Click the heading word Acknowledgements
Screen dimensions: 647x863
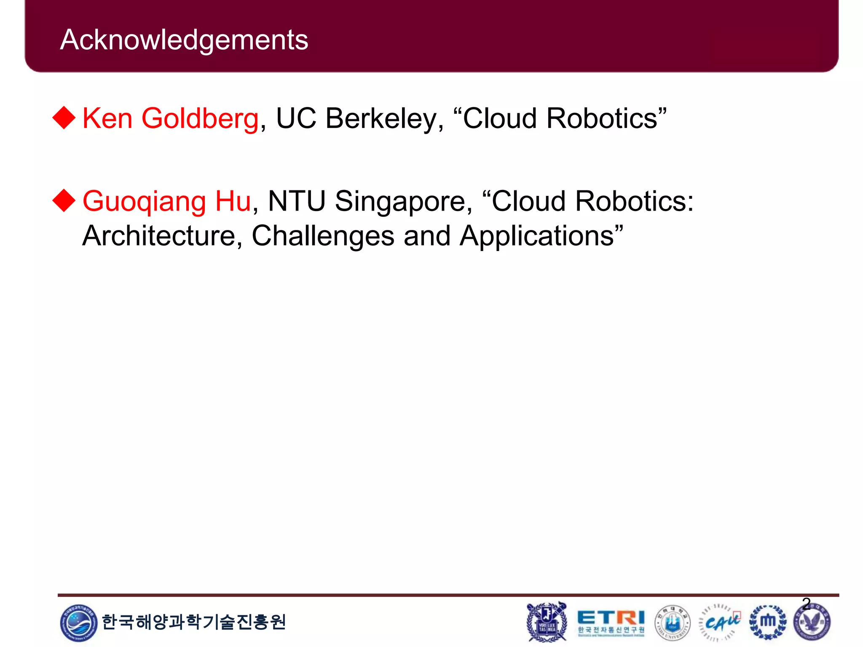tap(184, 40)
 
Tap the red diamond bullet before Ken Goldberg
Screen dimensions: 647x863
tap(64, 118)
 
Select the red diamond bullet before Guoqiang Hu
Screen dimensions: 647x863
tap(64, 201)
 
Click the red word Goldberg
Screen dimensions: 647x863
tap(200, 118)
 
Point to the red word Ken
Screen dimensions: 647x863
tap(107, 118)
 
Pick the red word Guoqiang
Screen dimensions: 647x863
tap(144, 202)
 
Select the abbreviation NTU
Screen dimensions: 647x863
tap(297, 201)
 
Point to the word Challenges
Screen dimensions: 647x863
tap(323, 236)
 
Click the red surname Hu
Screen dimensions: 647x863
tap(233, 201)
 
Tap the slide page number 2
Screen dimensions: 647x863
tap(806, 604)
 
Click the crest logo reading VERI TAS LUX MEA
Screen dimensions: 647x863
tap(547, 622)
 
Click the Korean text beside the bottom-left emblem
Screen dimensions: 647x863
tap(194, 622)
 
